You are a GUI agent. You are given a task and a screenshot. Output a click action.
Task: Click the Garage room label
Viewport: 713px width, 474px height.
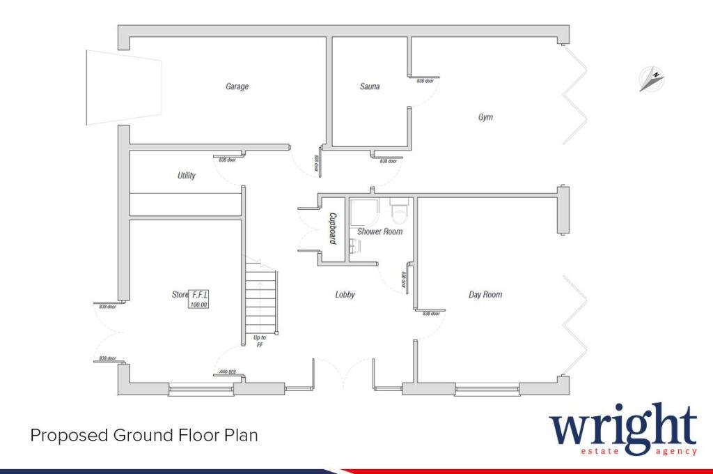pyautogui.click(x=237, y=87)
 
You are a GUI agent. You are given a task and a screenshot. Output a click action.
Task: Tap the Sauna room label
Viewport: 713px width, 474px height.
pyautogui.click(x=370, y=87)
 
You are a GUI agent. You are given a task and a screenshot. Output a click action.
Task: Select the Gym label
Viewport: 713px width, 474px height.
pyautogui.click(x=485, y=117)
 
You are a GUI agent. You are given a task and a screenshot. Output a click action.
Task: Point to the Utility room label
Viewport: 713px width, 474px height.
pyautogui.click(x=187, y=176)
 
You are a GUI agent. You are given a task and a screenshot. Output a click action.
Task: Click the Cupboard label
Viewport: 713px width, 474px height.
pyautogui.click(x=333, y=229)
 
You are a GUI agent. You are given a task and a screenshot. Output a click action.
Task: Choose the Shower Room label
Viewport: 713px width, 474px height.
pyautogui.click(x=380, y=231)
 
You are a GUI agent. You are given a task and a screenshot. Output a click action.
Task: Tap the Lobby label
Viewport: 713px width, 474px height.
pyautogui.click(x=345, y=295)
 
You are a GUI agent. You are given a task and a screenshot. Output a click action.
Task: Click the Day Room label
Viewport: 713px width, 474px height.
pyautogui.click(x=485, y=295)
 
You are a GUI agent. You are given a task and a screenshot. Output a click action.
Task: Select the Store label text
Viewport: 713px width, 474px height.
pyautogui.click(x=180, y=295)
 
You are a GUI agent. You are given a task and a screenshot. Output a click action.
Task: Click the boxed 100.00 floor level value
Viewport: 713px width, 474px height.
pyautogui.click(x=199, y=305)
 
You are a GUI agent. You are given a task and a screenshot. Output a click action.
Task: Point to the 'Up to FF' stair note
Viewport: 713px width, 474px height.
pyautogui.click(x=260, y=341)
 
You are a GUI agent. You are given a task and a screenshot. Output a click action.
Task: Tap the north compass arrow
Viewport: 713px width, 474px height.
pyautogui.click(x=652, y=79)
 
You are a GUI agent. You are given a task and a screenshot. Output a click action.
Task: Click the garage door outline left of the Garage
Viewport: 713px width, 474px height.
pyautogui.click(x=122, y=87)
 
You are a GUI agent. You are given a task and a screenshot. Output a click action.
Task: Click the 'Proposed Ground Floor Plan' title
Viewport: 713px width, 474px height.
pyautogui.click(x=144, y=436)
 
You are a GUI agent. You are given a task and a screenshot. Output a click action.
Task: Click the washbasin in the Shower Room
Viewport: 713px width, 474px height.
pyautogui.click(x=355, y=245)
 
